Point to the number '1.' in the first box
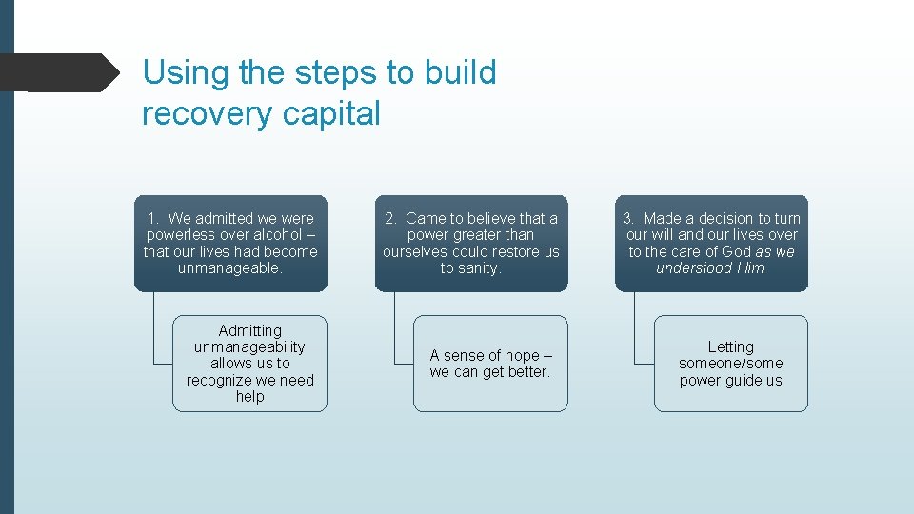point(153,219)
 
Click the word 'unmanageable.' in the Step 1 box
point(230,268)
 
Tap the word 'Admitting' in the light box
point(249,330)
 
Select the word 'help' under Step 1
point(249,397)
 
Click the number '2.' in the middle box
point(391,219)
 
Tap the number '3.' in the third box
point(629,219)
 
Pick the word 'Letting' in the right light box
point(730,347)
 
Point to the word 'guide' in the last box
point(744,381)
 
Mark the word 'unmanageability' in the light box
point(249,347)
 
